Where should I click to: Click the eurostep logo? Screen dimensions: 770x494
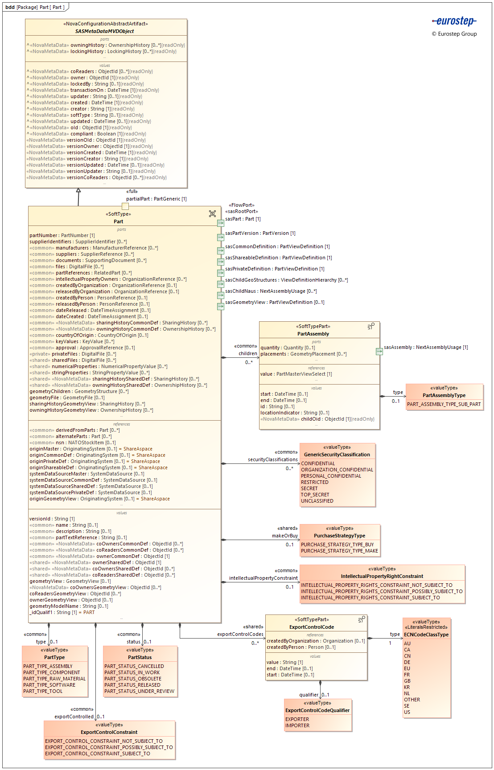click(454, 21)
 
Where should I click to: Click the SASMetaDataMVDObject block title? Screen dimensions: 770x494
click(104, 31)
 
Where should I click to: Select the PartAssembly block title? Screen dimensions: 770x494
click(313, 334)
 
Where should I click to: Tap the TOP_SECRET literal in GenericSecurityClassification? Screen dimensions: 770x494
click(315, 495)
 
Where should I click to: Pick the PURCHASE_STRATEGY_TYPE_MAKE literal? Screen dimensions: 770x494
click(339, 551)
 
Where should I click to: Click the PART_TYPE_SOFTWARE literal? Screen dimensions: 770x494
click(49, 685)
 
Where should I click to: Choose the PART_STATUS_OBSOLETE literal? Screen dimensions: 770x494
click(133, 679)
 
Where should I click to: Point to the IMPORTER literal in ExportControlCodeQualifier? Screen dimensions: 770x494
click(297, 725)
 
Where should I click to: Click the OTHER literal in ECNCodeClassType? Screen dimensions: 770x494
click(412, 700)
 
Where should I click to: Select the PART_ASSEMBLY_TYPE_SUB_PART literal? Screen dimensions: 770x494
click(444, 404)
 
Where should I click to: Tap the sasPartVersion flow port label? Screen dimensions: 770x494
click(260, 233)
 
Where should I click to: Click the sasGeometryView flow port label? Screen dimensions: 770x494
click(275, 302)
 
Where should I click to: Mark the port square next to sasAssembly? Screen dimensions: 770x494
click(379, 352)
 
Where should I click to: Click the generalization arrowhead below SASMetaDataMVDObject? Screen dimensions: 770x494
click(78, 191)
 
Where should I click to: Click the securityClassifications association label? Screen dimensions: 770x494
click(272, 459)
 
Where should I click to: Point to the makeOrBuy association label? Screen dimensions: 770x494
click(284, 536)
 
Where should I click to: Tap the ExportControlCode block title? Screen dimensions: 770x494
click(311, 627)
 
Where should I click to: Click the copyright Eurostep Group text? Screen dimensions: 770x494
click(454, 34)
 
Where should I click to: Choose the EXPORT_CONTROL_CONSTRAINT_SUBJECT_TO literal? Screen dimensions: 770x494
click(97, 754)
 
